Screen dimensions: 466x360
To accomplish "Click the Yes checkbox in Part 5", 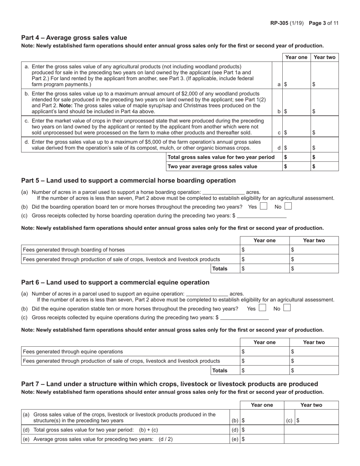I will pos(263,206).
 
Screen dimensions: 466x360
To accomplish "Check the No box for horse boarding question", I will pos(288,206).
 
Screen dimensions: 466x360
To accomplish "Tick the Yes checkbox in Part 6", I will pos(262,308).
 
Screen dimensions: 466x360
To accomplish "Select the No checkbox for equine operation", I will pos(287,308).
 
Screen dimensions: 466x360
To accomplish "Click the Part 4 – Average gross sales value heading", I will pos(74,38).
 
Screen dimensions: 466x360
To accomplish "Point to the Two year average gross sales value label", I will pos(212,166).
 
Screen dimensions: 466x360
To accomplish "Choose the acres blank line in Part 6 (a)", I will pos(207,294).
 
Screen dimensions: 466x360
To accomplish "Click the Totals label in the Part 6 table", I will pos(220,370).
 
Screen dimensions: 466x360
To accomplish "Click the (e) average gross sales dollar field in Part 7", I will pos(263,439).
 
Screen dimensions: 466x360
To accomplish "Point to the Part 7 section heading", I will pos(169,384).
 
